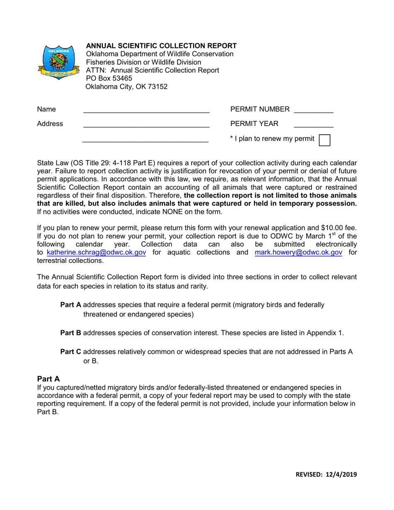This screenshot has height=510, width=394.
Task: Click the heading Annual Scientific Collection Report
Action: (161, 46)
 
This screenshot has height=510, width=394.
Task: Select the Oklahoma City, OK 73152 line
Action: (126, 87)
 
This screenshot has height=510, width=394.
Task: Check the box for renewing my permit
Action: (324, 139)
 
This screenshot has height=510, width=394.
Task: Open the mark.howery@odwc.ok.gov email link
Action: (298, 253)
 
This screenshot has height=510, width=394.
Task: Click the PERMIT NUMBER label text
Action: (260, 109)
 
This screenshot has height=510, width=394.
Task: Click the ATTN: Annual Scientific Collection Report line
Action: (152, 70)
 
